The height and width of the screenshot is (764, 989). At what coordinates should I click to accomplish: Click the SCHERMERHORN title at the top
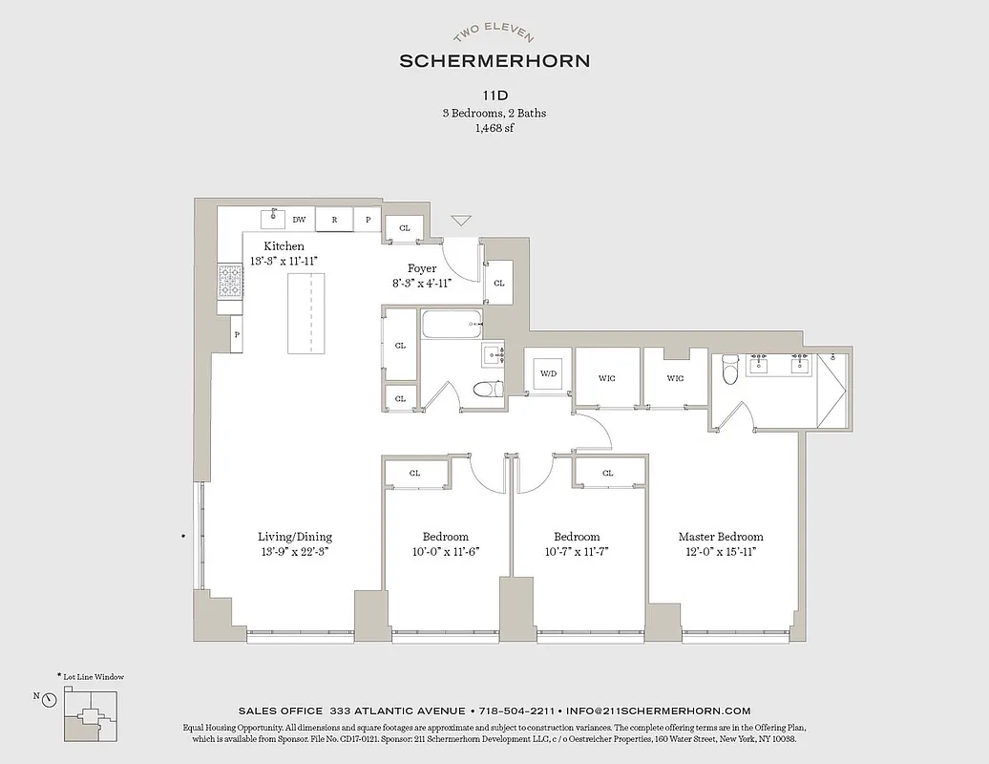494,60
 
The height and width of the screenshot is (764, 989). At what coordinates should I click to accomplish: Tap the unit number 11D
494,96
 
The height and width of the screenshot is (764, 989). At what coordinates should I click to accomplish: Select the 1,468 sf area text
494,128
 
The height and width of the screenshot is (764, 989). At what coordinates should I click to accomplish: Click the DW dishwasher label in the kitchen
299,219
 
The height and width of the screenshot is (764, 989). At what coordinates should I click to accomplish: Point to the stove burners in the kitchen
230,282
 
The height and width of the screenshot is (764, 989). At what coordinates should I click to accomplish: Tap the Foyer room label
422,268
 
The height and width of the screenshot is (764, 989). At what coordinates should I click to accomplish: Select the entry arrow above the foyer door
461,221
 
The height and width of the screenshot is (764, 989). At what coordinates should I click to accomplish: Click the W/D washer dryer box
548,373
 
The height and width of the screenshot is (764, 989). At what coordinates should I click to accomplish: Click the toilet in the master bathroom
730,369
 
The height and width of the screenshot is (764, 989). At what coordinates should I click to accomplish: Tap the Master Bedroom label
721,537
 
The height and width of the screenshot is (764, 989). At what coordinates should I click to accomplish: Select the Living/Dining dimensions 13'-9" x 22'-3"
295,551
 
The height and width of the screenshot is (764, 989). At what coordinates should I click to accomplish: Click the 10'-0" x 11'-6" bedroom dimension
446,551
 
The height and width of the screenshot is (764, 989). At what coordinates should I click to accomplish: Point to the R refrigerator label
334,219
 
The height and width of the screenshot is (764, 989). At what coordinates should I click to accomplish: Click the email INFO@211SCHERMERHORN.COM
658,711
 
